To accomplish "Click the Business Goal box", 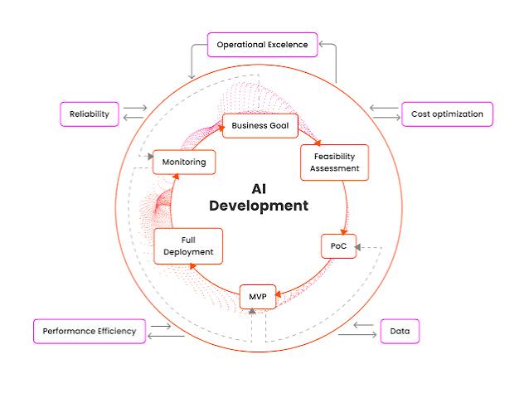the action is pyautogui.click(x=260, y=126).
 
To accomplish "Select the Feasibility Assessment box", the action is pyautogui.click(x=334, y=163).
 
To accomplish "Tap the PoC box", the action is pyautogui.click(x=339, y=246).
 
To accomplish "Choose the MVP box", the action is pyautogui.click(x=258, y=297).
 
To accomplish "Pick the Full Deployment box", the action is pyautogui.click(x=188, y=246).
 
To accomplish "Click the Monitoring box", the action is pyautogui.click(x=184, y=163).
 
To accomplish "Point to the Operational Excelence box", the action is pyautogui.click(x=263, y=45).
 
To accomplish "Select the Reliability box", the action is pyautogui.click(x=90, y=114).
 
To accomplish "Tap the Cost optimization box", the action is pyautogui.click(x=447, y=114).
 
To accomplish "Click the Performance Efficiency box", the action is pyautogui.click(x=90, y=331).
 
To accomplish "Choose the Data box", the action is pyautogui.click(x=400, y=331).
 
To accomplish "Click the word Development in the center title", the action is pyautogui.click(x=259, y=206).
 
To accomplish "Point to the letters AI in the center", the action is pyautogui.click(x=259, y=189).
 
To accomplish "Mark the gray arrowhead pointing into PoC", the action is pyautogui.click(x=357, y=248).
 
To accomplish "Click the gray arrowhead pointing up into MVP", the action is pyautogui.click(x=252, y=311).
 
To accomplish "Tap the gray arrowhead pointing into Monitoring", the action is pyautogui.click(x=151, y=157).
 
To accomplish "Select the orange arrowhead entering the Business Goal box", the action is pyautogui.click(x=221, y=128).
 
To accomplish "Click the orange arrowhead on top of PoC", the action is pyautogui.click(x=344, y=232).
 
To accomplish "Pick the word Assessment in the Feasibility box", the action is pyautogui.click(x=335, y=168).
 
